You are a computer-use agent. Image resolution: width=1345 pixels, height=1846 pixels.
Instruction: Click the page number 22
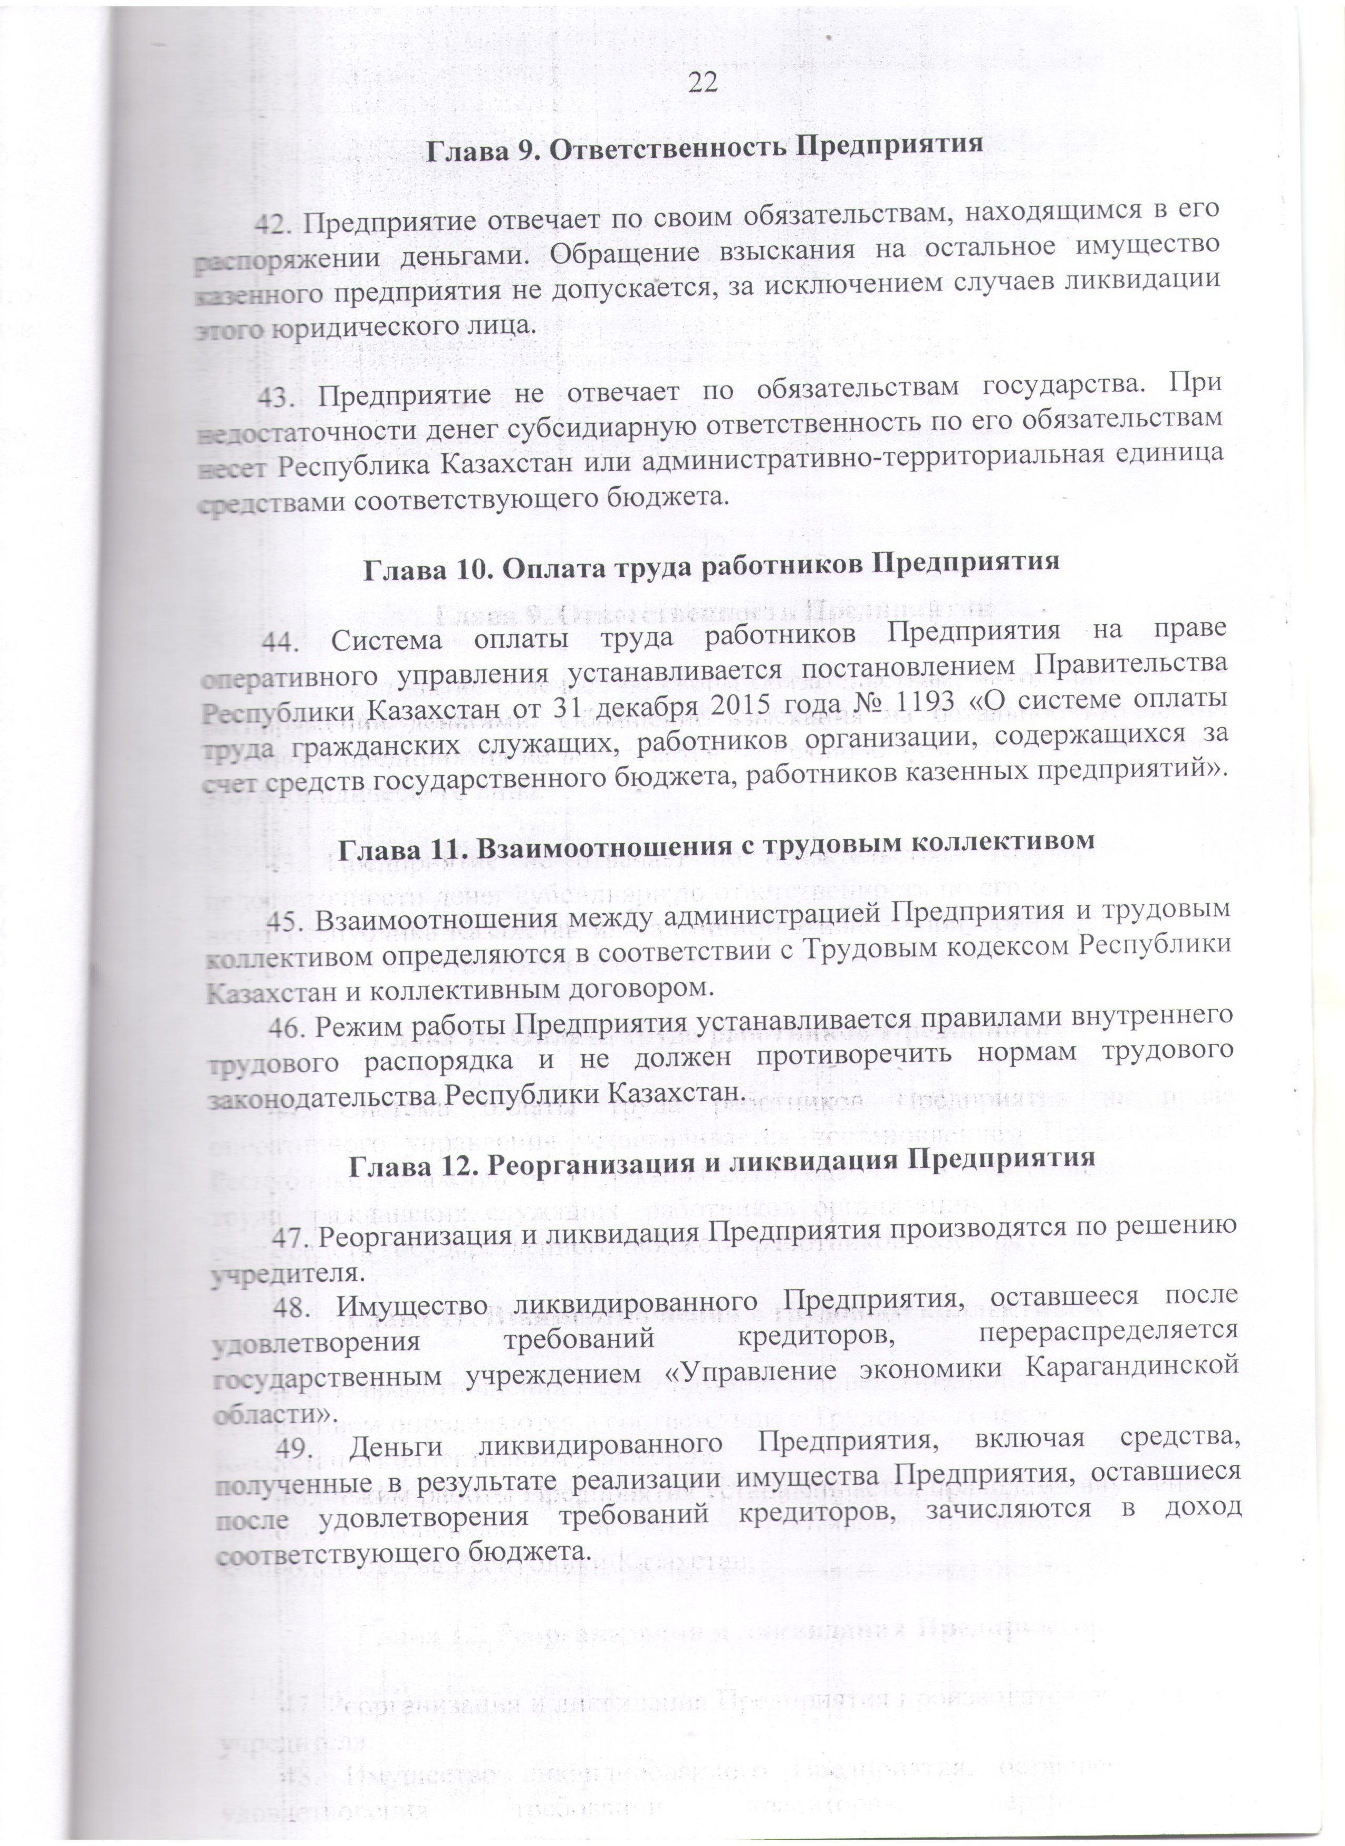pos(702,82)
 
